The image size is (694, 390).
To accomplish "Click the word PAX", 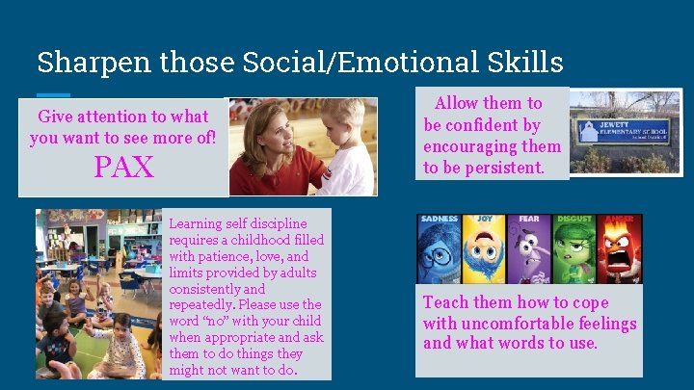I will pos(123,168).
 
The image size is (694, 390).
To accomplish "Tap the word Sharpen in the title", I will pos(80,63).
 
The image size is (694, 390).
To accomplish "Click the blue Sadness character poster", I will pos(439,247).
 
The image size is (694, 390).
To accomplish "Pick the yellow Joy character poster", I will pos(484,247).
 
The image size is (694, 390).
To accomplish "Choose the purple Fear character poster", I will pos(529,247).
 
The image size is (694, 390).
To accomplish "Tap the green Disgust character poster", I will pos(574,247).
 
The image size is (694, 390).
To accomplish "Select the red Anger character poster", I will pos(620,247).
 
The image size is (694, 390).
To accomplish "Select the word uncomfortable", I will pos(512,323).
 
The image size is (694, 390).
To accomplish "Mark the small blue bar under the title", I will pos(54,93).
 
